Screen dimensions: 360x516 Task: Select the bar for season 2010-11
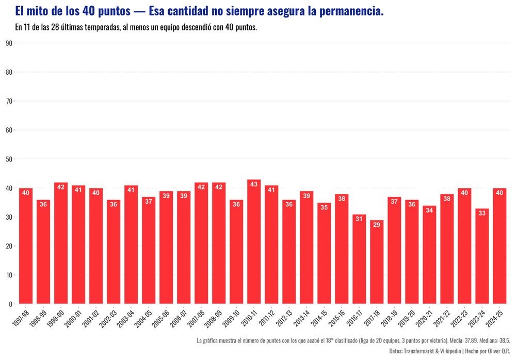(x=254, y=242)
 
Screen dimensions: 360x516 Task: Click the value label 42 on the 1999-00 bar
(x=61, y=187)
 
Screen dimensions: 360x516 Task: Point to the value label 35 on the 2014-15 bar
(x=324, y=207)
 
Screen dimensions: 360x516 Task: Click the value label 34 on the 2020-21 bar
(x=429, y=210)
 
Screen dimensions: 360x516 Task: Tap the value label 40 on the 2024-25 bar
(x=499, y=193)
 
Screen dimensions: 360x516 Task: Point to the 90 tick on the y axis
(x=9, y=43)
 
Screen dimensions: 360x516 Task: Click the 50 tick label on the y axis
(x=9, y=159)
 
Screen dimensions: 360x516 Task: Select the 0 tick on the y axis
(x=10, y=304)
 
